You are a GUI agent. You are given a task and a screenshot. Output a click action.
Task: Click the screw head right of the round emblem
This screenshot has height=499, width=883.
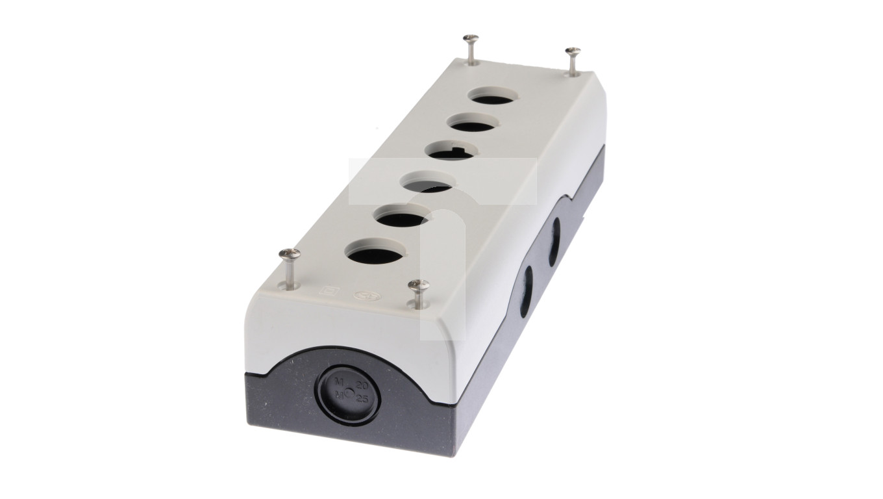click(x=418, y=285)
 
